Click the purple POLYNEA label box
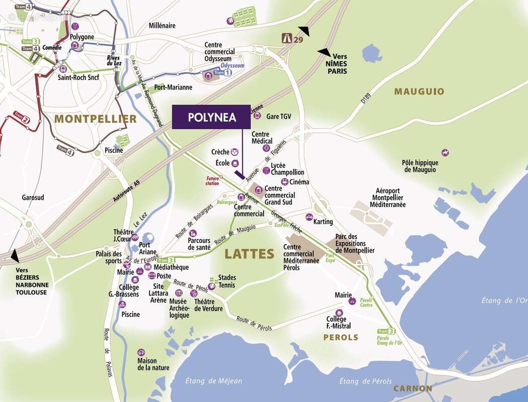point(211,117)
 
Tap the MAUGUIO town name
point(419,91)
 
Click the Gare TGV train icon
point(257,116)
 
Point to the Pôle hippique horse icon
point(445,152)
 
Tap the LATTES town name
point(249,254)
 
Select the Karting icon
point(309,217)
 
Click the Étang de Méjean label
point(213,380)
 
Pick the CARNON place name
point(413,388)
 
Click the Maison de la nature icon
point(141,353)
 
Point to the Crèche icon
point(234,152)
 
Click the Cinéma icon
point(285,182)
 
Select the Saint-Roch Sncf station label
point(78,77)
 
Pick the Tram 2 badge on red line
point(21,120)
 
